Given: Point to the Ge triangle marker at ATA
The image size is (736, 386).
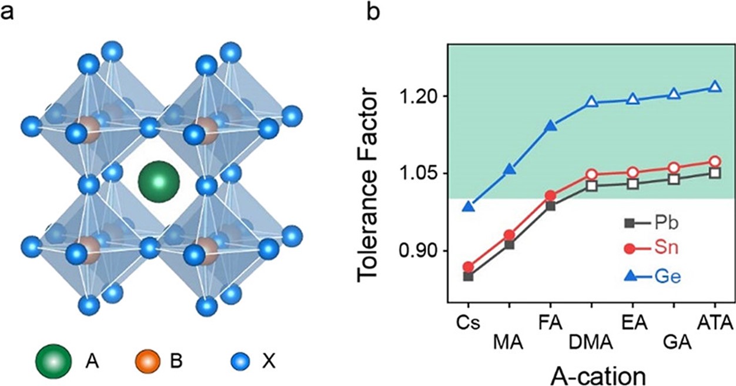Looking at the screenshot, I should click(x=715, y=86).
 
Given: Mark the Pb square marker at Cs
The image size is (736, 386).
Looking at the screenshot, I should click(x=469, y=276).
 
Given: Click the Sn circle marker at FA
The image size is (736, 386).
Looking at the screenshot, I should click(x=551, y=196).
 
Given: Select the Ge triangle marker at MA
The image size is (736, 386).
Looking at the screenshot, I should click(x=510, y=170).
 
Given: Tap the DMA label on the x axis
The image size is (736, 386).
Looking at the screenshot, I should click(x=591, y=341).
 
